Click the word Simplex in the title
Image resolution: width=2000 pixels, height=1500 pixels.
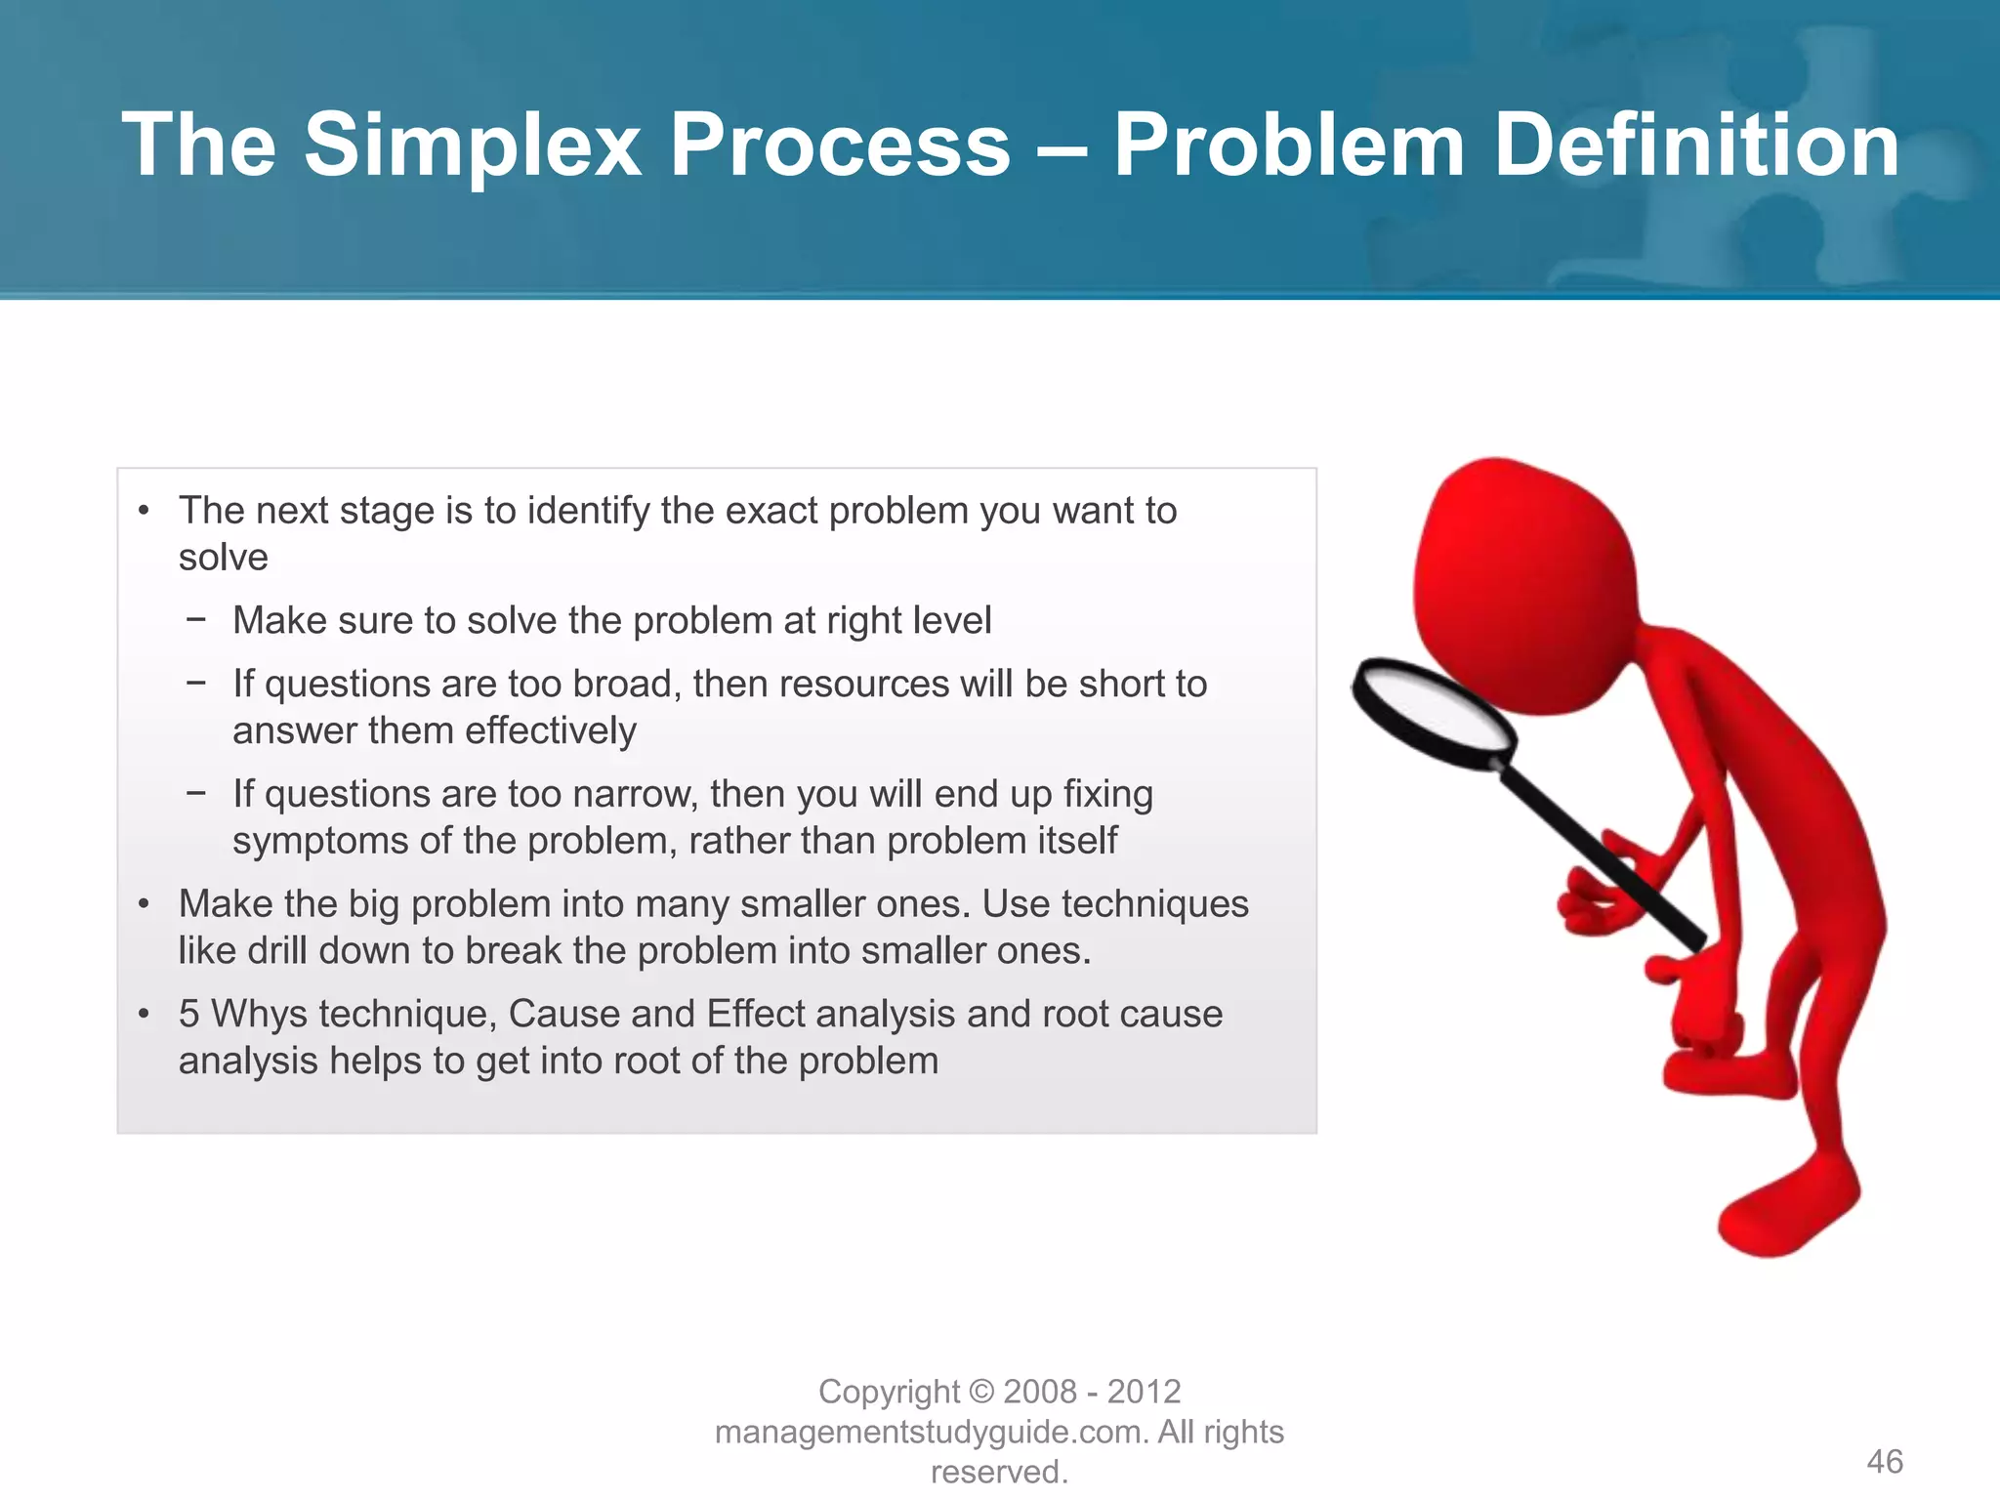coord(472,146)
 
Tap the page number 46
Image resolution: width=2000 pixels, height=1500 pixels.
coord(1884,1461)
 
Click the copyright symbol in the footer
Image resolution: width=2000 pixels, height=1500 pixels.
coord(982,1392)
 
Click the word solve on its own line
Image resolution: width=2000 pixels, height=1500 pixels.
coord(223,558)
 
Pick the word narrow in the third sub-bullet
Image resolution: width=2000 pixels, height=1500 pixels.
coord(635,794)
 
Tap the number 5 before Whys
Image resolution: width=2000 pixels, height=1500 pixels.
coord(188,1014)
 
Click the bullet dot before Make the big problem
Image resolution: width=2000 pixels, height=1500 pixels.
coord(144,904)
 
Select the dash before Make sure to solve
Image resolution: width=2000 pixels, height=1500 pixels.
coord(196,619)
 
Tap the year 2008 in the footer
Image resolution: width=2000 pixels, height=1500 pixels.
coord(1040,1392)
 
